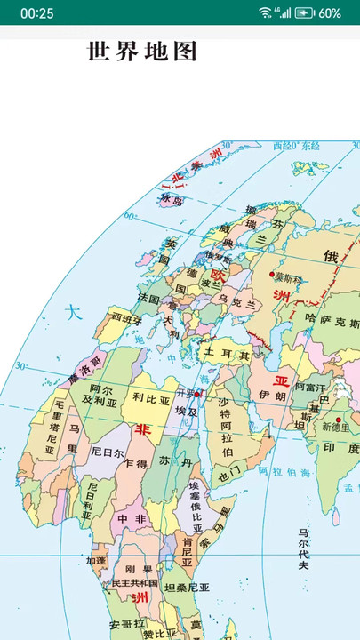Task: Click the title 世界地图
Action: pyautogui.click(x=142, y=52)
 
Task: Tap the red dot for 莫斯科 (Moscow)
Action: pyautogui.click(x=272, y=274)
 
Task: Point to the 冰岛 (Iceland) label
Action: pyautogui.click(x=171, y=199)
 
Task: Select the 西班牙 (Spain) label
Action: pyautogui.click(x=125, y=317)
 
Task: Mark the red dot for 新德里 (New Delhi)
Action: pyautogui.click(x=338, y=420)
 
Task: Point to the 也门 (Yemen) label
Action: pyautogui.click(x=228, y=476)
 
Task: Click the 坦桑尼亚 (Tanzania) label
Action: pyautogui.click(x=187, y=588)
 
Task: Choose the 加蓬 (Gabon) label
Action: pyautogui.click(x=95, y=561)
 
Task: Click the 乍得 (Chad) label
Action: pyautogui.click(x=136, y=464)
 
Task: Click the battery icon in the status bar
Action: pyautogui.click(x=305, y=12)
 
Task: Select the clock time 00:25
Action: pyautogui.click(x=36, y=12)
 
